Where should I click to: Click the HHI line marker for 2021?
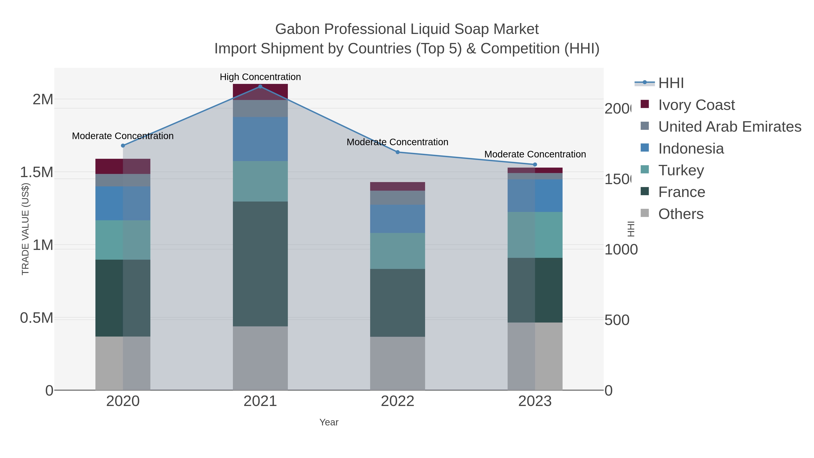[x=260, y=86]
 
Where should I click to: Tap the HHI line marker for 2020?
[x=123, y=145]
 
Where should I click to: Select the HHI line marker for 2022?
[x=398, y=152]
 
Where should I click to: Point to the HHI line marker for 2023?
[x=535, y=164]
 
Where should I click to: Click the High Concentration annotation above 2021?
[x=260, y=77]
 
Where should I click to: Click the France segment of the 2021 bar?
[x=260, y=264]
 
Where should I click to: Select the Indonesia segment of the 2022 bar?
[x=398, y=219]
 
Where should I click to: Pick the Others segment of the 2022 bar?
[x=398, y=363]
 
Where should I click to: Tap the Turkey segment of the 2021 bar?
[x=260, y=181]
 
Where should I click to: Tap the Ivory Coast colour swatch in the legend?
[x=645, y=104]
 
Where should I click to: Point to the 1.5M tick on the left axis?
[x=37, y=172]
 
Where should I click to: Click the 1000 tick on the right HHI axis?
[x=621, y=250]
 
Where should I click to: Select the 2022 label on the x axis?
[x=398, y=401]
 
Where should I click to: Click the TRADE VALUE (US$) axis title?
[x=25, y=229]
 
